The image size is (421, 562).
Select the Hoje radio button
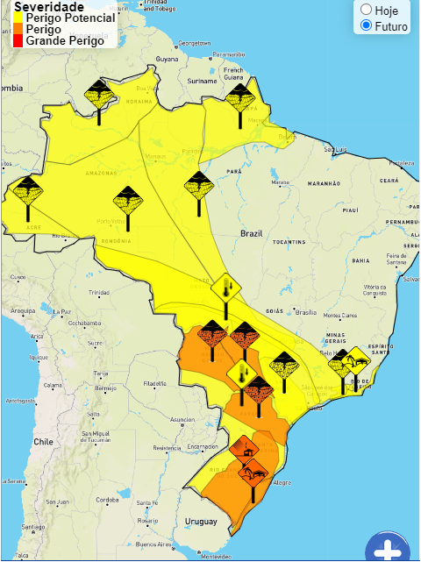click(x=366, y=10)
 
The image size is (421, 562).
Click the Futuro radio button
click(x=366, y=26)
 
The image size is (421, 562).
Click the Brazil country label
click(x=252, y=234)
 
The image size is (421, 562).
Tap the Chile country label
click(x=43, y=443)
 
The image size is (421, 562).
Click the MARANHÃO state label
click(x=323, y=184)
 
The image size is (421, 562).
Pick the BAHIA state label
click(x=360, y=260)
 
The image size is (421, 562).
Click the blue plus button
click(x=388, y=551)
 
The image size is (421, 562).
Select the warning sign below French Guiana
click(x=239, y=96)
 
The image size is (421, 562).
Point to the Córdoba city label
click(x=108, y=500)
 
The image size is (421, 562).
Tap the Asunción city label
click(x=182, y=420)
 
